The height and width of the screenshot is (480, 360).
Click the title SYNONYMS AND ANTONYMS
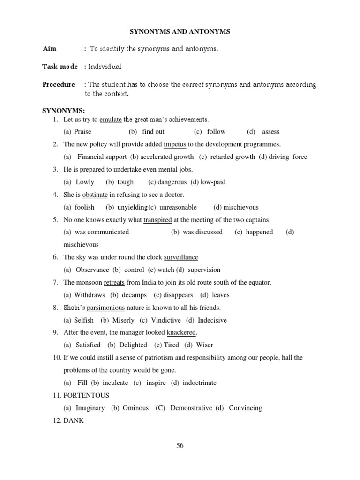(x=180, y=31)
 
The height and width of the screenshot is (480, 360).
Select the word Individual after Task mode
(x=105, y=67)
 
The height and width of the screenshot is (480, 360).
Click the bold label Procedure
(x=59, y=84)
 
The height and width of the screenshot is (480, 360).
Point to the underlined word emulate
(x=111, y=119)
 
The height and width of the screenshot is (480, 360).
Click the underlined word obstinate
(x=95, y=195)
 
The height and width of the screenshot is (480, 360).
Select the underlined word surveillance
(x=181, y=257)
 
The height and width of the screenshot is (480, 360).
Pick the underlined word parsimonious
(x=106, y=307)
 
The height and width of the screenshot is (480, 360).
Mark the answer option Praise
(x=82, y=132)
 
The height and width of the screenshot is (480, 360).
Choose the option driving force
(x=287, y=157)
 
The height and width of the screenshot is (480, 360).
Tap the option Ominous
(x=135, y=408)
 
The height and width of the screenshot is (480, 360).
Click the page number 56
(x=180, y=446)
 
